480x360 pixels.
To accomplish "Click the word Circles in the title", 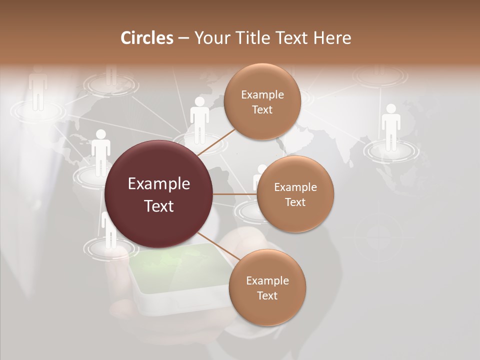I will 146,38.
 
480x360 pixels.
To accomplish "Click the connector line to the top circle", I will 215,141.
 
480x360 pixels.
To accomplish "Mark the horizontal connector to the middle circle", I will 234,194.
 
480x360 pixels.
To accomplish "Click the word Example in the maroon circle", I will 159,184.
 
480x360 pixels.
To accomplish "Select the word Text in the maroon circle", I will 159,206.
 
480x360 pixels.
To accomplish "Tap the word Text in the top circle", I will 262,109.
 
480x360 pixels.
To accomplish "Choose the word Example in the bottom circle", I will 267,280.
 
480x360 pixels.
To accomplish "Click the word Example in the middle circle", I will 295,187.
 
